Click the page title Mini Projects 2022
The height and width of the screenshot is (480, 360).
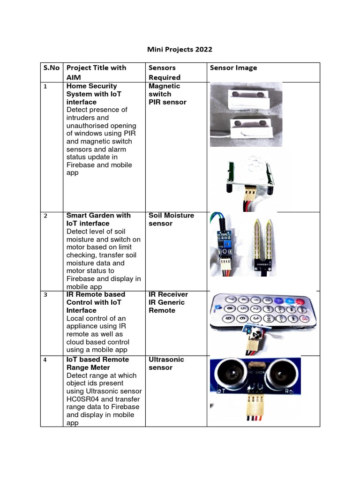[180, 49]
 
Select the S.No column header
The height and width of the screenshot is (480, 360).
[52, 67]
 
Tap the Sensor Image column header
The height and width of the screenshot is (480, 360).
[233, 67]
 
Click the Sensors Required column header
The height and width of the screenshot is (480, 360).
[165, 72]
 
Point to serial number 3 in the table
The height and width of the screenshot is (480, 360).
[45, 295]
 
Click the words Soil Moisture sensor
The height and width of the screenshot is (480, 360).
[171, 219]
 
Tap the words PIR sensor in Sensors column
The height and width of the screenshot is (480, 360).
[167, 102]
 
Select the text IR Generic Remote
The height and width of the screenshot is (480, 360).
[166, 306]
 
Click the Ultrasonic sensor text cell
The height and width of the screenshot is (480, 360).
[166, 363]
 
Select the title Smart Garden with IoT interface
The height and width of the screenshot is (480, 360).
[98, 219]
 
